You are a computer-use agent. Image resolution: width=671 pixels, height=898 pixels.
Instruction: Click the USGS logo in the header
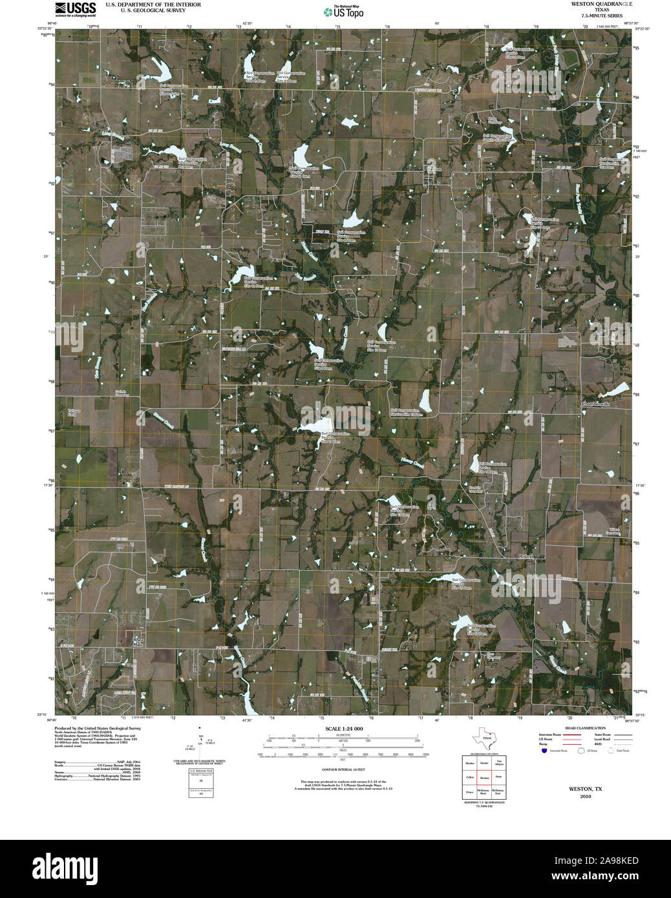(75, 8)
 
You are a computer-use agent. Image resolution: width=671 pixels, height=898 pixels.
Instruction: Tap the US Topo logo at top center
(343, 12)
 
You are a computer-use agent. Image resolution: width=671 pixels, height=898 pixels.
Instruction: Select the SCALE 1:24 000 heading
(344, 729)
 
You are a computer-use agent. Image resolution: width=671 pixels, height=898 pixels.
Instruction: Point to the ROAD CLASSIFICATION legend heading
(584, 728)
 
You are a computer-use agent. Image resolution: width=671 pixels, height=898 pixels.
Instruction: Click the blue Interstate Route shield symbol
(544, 751)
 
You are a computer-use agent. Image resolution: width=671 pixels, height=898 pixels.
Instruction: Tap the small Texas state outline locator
(484, 736)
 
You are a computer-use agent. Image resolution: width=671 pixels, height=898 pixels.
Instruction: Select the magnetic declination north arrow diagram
(202, 743)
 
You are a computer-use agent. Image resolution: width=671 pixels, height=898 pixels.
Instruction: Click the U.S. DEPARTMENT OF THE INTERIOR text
(153, 5)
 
